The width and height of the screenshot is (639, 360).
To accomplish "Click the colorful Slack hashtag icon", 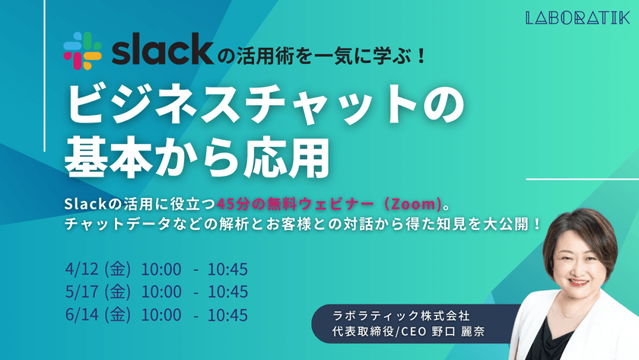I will pyautogui.click(x=82, y=51).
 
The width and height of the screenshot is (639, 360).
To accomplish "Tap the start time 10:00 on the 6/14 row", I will pyautogui.click(x=161, y=314).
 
